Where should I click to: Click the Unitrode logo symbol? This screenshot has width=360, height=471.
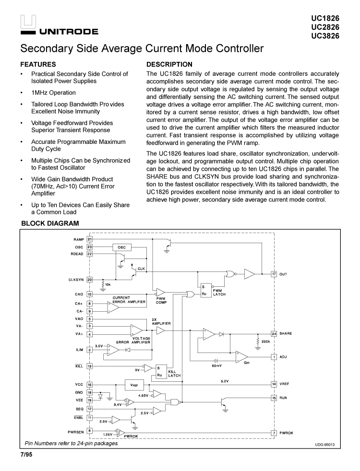(28, 22)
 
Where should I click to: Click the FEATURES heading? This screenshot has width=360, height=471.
(38, 64)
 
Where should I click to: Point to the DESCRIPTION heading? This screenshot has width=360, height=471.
(169, 64)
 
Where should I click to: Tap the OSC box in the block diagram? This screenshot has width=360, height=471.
(121, 247)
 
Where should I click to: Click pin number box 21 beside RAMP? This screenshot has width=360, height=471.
(90, 239)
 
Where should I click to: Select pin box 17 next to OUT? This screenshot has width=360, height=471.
(274, 274)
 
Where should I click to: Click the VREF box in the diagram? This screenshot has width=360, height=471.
(134, 385)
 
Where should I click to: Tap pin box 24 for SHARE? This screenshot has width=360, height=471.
(274, 333)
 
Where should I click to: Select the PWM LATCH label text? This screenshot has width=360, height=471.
(219, 292)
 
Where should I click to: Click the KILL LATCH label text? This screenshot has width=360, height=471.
(174, 374)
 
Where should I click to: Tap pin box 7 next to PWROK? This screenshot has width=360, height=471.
(274, 433)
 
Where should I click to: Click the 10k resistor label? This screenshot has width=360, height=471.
(108, 284)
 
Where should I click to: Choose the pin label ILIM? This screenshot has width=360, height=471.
(79, 350)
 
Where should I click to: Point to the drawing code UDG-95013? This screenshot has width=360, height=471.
(324, 444)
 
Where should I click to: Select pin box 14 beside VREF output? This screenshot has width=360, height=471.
(274, 384)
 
